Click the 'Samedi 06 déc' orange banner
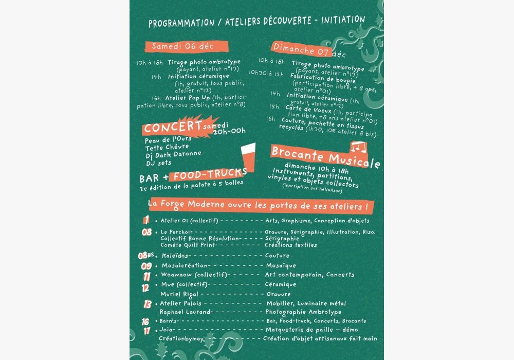click(x=182, y=46)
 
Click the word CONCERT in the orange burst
click(x=172, y=127)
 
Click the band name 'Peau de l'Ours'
click(x=167, y=140)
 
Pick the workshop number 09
click(x=146, y=266)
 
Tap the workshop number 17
click(x=147, y=330)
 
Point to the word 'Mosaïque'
click(x=281, y=266)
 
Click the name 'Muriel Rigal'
click(x=179, y=294)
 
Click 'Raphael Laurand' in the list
click(x=185, y=312)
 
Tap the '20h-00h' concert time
click(x=229, y=131)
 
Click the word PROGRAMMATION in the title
click(x=181, y=23)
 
